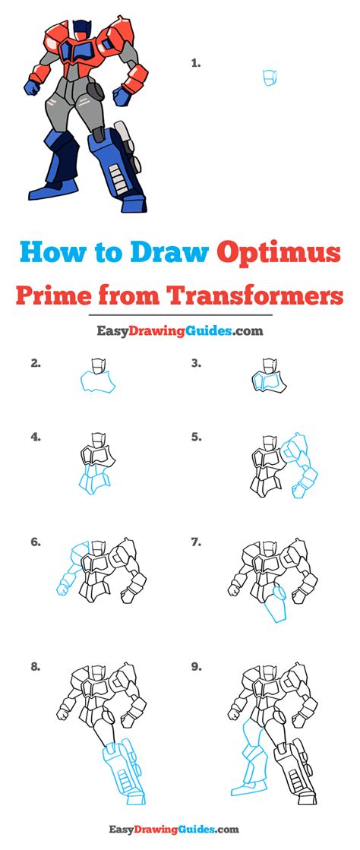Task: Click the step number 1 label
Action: point(196,63)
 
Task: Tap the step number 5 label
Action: point(196,437)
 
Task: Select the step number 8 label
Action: point(36,668)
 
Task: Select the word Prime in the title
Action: point(50,295)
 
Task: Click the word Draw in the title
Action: point(169,253)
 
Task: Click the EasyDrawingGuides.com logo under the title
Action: point(179,330)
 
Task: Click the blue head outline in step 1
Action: point(270,78)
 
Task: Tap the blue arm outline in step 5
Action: point(301,465)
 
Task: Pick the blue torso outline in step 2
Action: point(98,381)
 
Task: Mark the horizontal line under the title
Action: point(179,314)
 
